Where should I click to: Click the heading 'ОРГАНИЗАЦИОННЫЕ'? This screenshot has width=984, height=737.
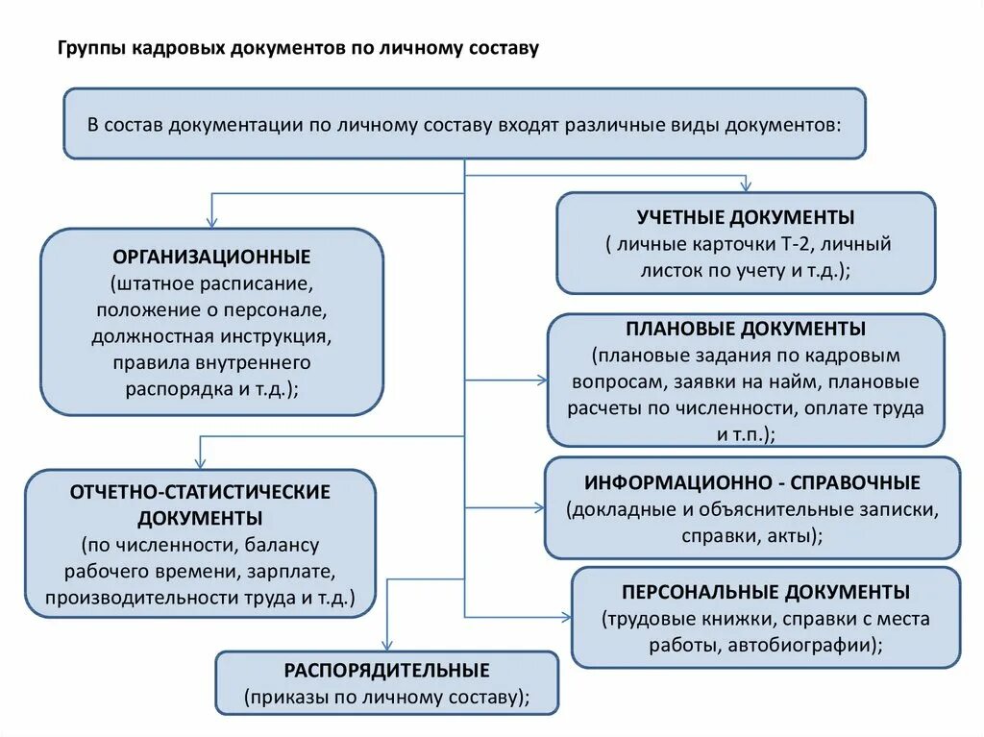pyautogui.click(x=211, y=258)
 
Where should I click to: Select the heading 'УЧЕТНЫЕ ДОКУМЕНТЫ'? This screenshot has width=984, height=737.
pyautogui.click(x=746, y=217)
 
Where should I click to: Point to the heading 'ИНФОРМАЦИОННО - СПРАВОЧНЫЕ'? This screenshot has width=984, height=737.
pyautogui.click(x=752, y=482)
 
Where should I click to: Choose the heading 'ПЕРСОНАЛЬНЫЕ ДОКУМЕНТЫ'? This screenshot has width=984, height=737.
pyautogui.click(x=766, y=592)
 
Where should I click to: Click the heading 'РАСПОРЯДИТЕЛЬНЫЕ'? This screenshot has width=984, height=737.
pyautogui.click(x=386, y=670)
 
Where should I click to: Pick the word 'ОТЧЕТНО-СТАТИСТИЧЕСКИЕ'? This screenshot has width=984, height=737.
pyautogui.click(x=200, y=492)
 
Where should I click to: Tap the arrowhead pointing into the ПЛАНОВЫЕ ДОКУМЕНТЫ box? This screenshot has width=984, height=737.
pyautogui.click(x=542, y=381)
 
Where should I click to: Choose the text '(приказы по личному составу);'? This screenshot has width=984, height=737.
pyautogui.click(x=386, y=697)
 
